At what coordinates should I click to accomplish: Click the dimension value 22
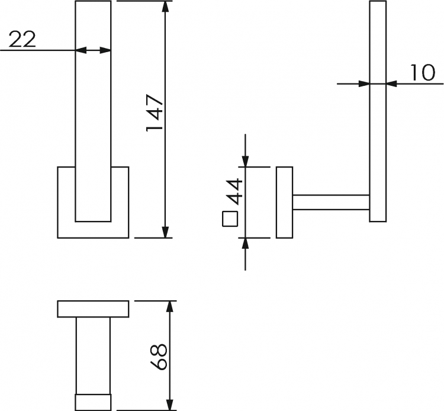click(22, 39)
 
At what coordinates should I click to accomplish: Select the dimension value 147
click(155, 113)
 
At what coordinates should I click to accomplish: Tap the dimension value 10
click(422, 72)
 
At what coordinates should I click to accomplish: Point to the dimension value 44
click(236, 191)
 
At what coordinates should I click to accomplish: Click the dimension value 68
click(159, 357)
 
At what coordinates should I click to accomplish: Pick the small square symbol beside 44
click(230, 219)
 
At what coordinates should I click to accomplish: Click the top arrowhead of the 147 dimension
click(165, 7)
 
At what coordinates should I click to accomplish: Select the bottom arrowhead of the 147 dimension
click(165, 232)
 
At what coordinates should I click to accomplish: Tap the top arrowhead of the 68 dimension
click(169, 307)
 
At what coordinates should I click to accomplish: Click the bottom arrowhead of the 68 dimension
click(169, 404)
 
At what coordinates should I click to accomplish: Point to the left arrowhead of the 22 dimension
click(81, 50)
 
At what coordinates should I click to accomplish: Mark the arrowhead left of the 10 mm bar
click(364, 84)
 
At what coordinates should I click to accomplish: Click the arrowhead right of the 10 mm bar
click(391, 84)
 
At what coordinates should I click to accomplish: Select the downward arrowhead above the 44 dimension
click(245, 161)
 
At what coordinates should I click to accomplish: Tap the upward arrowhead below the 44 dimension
click(245, 243)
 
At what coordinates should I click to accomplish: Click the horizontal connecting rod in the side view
click(331, 203)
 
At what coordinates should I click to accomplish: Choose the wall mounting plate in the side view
click(284, 202)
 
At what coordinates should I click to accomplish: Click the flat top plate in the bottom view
click(93, 309)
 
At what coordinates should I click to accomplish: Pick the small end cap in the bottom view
click(93, 402)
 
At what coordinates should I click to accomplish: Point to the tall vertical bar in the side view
click(378, 111)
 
